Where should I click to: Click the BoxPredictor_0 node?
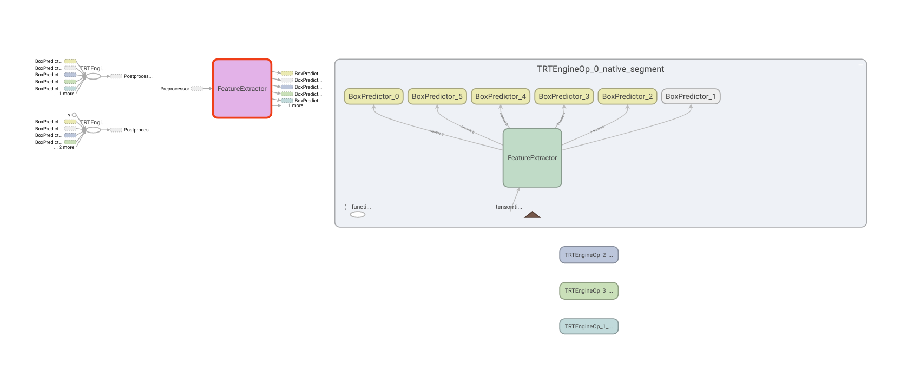[373, 96]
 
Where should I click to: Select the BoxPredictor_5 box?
[437, 96]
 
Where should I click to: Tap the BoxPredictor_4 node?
[500, 96]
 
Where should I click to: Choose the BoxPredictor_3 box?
[564, 96]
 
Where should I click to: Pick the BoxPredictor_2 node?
[627, 96]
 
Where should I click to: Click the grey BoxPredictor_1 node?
[691, 96]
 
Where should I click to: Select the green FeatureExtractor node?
[532, 158]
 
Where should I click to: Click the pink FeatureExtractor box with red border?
[242, 89]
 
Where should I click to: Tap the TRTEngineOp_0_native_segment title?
[600, 69]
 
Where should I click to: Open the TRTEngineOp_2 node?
[588, 255]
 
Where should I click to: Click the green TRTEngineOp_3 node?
[588, 290]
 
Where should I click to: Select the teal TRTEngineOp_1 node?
[588, 326]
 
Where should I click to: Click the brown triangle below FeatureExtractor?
[532, 215]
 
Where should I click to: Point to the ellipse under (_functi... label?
[358, 215]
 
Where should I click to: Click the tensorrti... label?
[508, 207]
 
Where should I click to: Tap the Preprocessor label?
[175, 89]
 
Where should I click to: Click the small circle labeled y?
[74, 115]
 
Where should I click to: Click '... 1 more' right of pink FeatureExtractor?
[295, 105]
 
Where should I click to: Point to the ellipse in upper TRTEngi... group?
[93, 76]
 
